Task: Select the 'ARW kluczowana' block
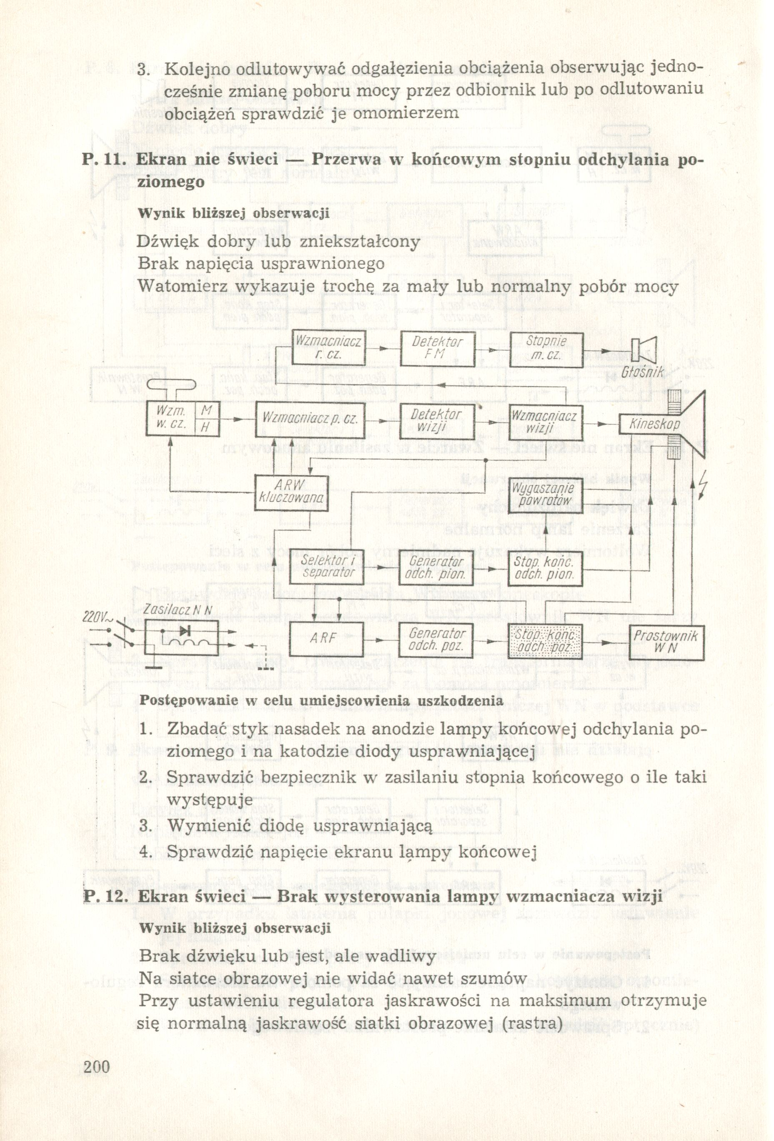click(x=291, y=492)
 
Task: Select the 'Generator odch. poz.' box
click(x=436, y=640)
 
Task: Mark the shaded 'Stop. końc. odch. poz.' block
click(x=545, y=641)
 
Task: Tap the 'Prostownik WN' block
click(x=666, y=642)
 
